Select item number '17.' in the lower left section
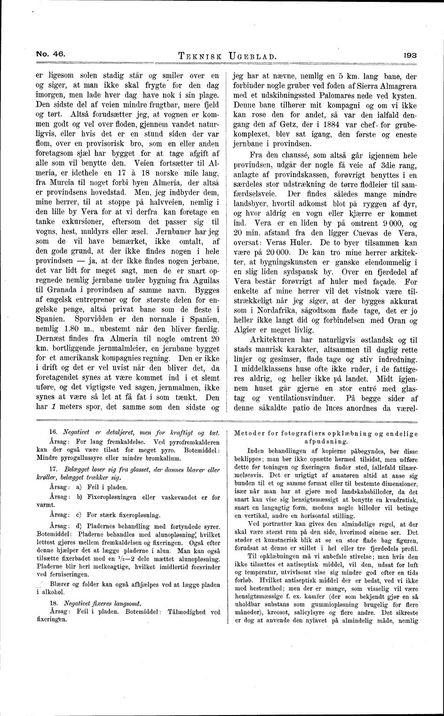(53, 469)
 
